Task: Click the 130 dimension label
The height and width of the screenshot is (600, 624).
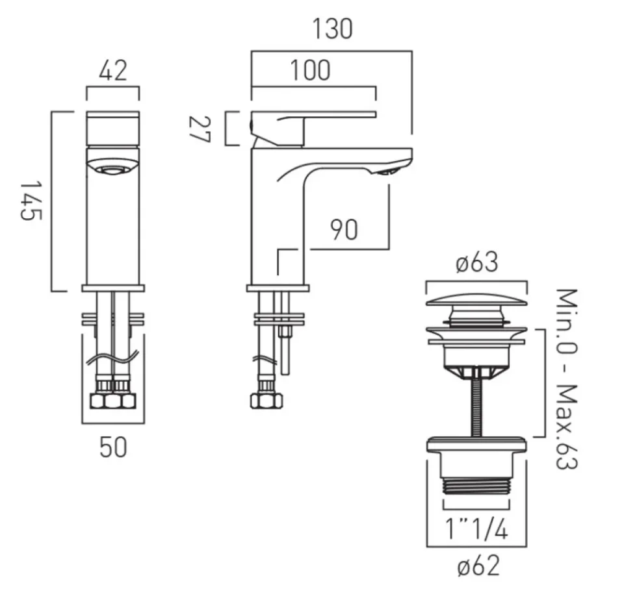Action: (x=332, y=29)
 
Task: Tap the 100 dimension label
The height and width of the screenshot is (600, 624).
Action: (x=311, y=70)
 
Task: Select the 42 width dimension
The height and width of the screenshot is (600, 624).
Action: (x=113, y=71)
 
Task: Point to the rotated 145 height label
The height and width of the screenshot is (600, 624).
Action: (x=31, y=201)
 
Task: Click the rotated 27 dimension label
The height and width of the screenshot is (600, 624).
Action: (x=199, y=129)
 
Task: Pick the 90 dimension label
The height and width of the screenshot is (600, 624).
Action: (x=344, y=229)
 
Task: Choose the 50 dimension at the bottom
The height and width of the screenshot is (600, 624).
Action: (x=113, y=447)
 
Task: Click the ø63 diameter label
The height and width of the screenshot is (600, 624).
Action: (x=476, y=262)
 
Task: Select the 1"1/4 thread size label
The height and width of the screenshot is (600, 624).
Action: (x=476, y=530)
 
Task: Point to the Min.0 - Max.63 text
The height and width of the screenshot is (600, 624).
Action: (x=566, y=379)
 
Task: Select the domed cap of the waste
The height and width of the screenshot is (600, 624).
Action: (x=476, y=300)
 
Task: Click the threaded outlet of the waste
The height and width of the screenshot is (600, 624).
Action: (x=476, y=486)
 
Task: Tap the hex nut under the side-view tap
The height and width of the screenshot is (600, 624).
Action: (x=266, y=401)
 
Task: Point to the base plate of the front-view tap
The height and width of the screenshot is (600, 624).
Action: (x=113, y=288)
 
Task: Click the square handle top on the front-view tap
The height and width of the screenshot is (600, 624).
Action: (x=113, y=129)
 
